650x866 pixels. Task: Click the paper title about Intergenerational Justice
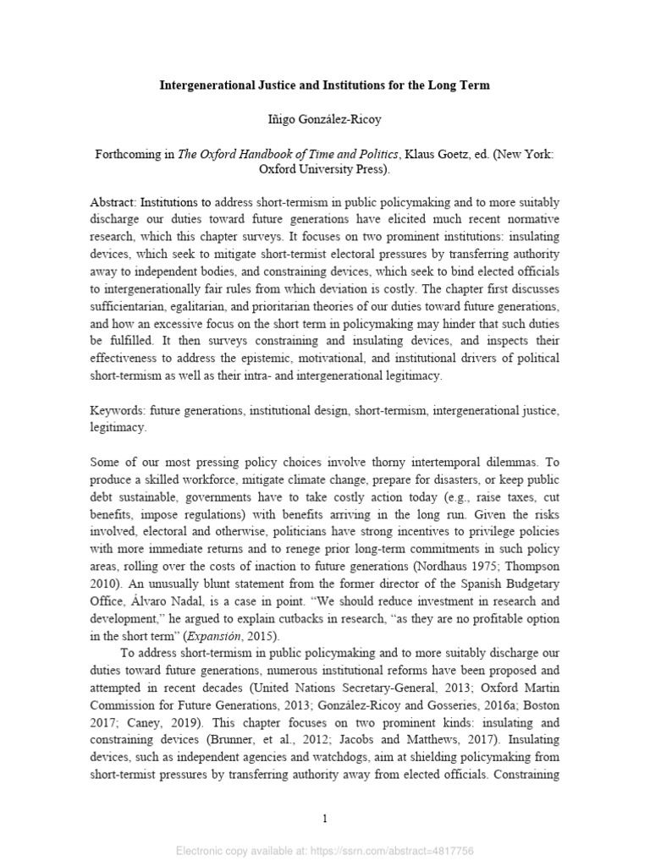(325, 85)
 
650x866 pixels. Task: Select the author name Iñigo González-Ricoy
(325, 120)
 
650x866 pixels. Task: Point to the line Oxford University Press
(325, 169)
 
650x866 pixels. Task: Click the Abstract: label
(113, 203)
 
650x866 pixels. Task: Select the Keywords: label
(117, 410)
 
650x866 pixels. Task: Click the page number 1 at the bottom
(325, 819)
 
